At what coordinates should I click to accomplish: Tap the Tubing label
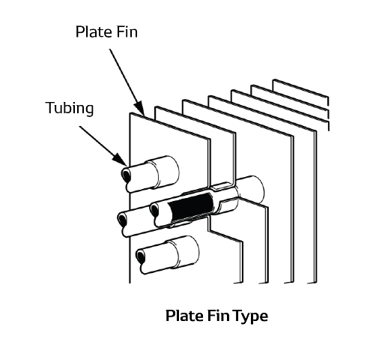[x=70, y=108]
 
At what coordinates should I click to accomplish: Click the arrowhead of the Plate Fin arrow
[x=140, y=109]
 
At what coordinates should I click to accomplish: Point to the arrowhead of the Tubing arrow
[x=120, y=159]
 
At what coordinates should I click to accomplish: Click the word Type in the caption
[x=252, y=316]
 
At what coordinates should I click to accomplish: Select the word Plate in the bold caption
[x=184, y=315]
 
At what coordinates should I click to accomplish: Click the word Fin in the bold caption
[x=219, y=315]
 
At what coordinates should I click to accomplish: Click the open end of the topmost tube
[x=126, y=174]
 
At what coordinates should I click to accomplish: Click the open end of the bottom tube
[x=140, y=256]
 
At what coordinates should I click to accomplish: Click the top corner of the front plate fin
[x=130, y=113]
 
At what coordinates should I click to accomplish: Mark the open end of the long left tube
[x=122, y=220]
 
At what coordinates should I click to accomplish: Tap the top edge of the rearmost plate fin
[x=301, y=88]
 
